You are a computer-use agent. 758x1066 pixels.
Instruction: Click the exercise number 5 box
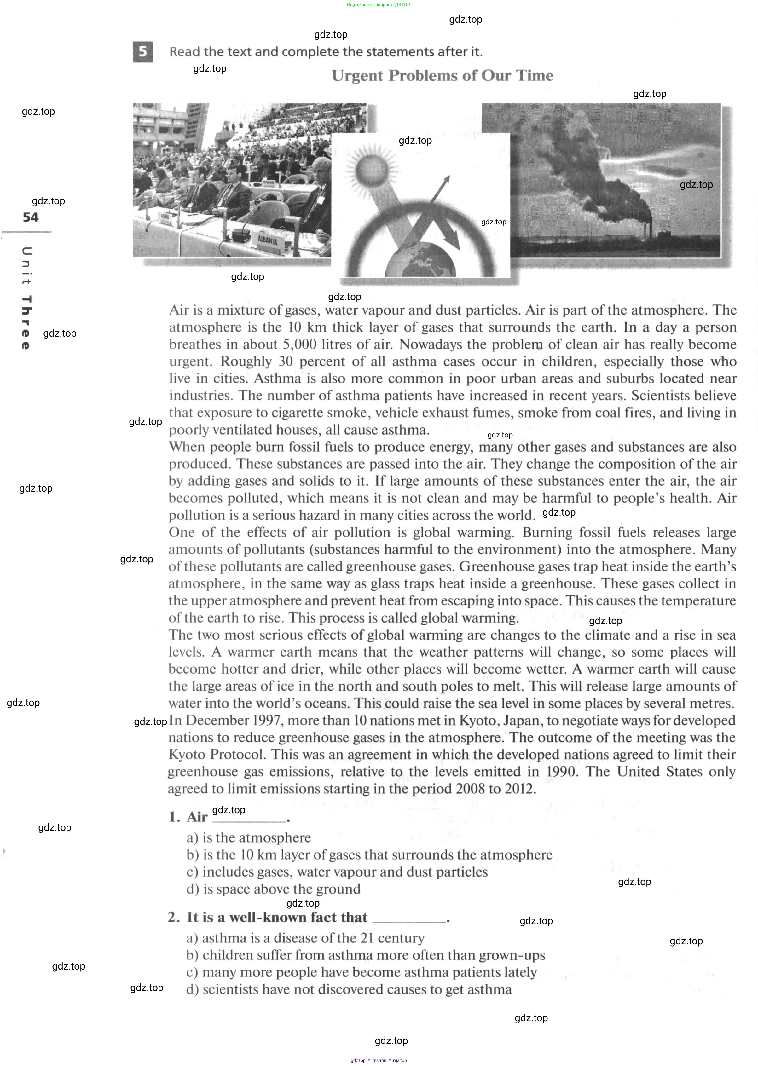(143, 51)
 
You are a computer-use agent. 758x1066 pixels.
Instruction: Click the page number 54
(31, 217)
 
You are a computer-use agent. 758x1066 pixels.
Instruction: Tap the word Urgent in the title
(357, 76)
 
